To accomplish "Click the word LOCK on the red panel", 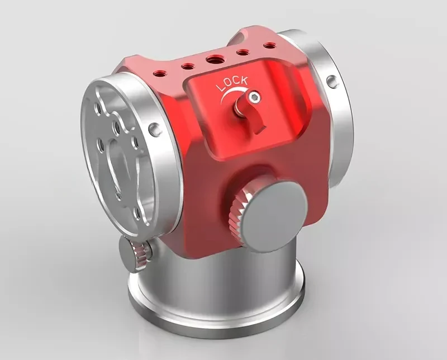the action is pos(231,83).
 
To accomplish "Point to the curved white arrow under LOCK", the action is pos(232,94).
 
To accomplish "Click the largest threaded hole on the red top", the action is pos(215,60).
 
